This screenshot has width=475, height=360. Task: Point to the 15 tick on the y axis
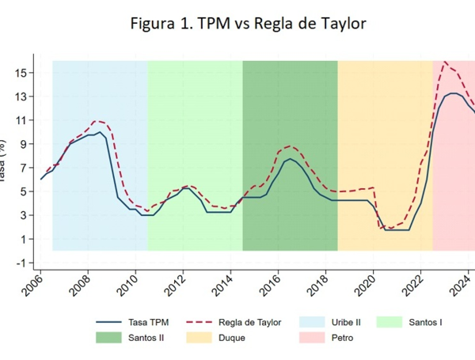click(21, 73)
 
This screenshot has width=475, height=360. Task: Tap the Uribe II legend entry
click(340, 322)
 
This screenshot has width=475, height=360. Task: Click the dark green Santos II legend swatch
click(110, 338)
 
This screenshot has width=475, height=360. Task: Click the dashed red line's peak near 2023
click(446, 61)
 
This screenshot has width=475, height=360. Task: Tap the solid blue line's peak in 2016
click(291, 158)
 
